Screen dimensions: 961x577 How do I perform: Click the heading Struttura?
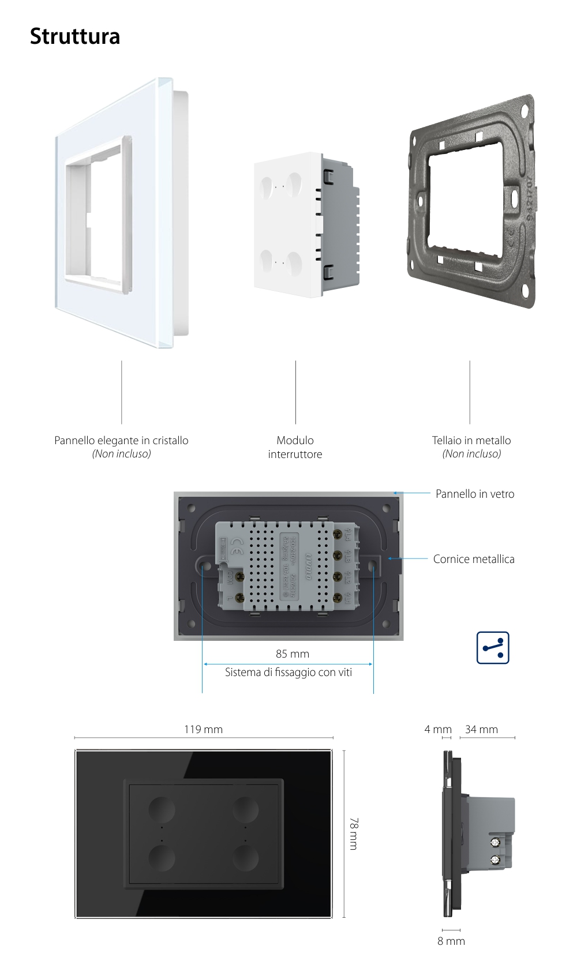click(75, 36)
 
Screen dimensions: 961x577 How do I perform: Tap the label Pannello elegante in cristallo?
click(121, 440)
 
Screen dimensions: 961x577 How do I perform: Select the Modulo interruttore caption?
click(295, 447)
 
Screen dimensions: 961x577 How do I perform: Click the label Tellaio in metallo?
click(471, 440)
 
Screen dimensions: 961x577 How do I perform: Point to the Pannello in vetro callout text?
click(474, 494)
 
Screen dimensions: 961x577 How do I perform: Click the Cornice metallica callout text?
click(473, 559)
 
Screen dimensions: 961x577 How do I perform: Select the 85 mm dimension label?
click(292, 654)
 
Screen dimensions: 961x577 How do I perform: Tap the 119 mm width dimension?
click(203, 729)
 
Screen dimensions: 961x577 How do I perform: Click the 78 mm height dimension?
click(353, 833)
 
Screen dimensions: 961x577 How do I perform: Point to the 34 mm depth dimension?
click(481, 729)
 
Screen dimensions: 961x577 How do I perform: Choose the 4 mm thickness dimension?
click(437, 729)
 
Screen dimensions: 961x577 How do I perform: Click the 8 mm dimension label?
click(451, 941)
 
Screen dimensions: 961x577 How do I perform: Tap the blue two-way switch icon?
click(493, 647)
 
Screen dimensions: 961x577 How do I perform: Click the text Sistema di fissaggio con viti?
click(288, 672)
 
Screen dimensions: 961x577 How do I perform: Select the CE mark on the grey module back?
click(236, 544)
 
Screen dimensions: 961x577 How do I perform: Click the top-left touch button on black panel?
click(162, 809)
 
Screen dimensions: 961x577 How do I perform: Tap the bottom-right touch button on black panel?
click(245, 859)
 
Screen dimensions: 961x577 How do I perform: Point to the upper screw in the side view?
click(494, 843)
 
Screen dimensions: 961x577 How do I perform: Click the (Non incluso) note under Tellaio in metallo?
click(471, 454)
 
